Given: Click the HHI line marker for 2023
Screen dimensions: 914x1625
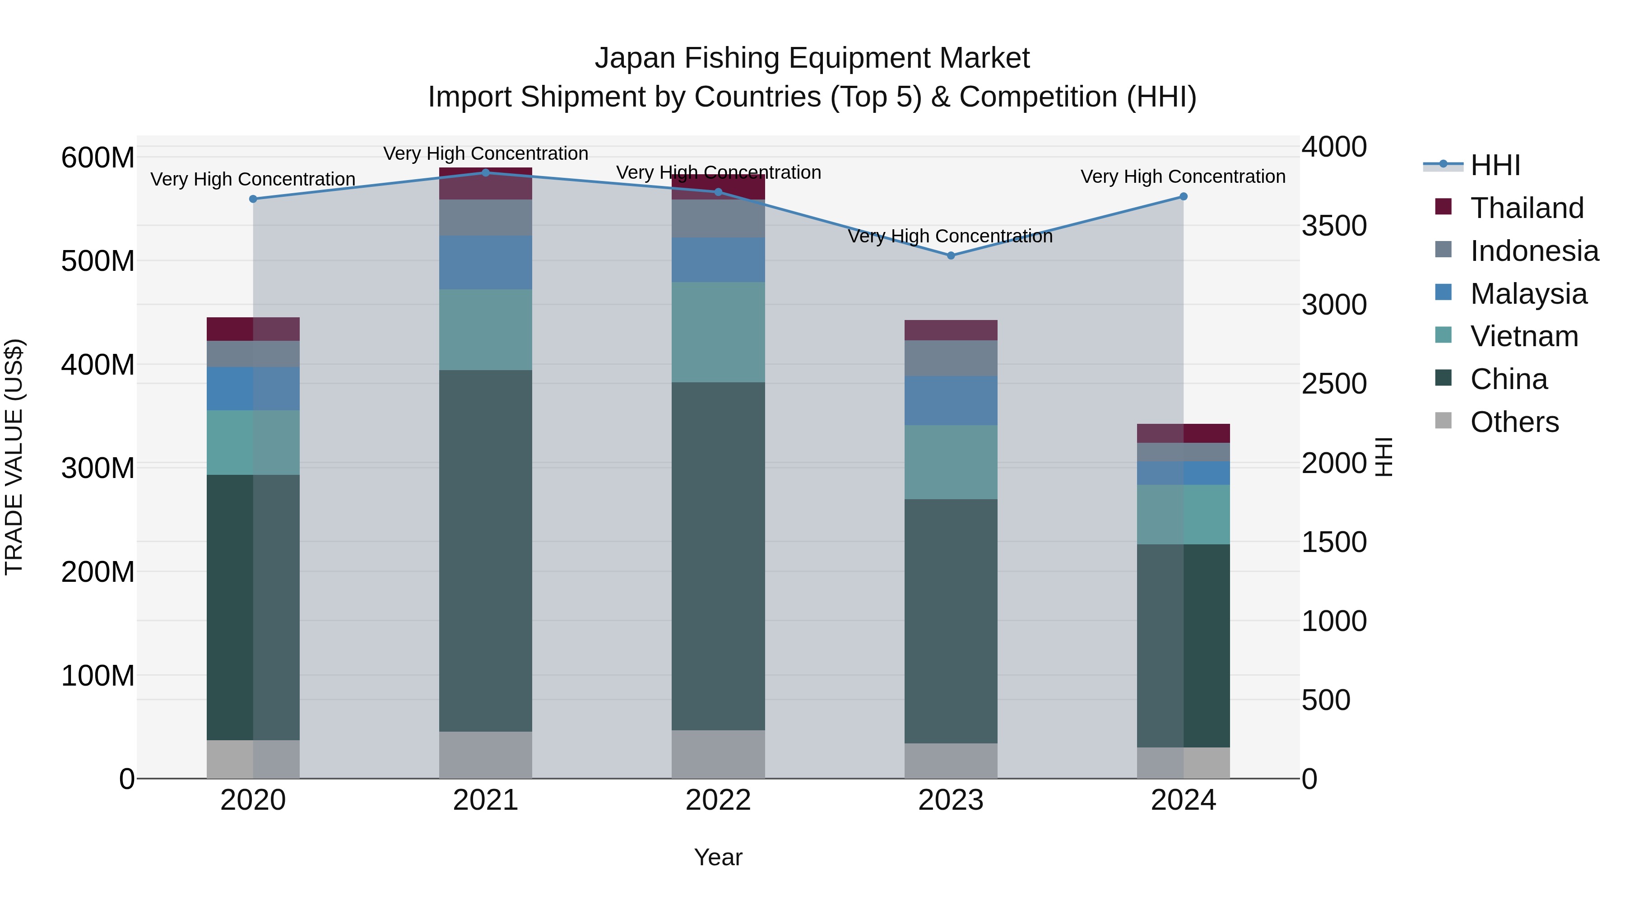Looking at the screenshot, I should (x=951, y=255).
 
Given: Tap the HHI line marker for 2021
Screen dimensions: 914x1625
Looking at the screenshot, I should (x=486, y=173).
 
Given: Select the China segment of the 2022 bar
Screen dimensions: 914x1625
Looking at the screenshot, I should (x=718, y=555).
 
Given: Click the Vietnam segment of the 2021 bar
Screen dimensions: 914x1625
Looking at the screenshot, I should (x=486, y=329).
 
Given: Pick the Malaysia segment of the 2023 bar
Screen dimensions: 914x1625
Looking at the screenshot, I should (x=951, y=400).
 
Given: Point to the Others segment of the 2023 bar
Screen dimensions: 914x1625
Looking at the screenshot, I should (x=951, y=760).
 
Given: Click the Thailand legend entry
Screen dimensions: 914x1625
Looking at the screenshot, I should (x=1527, y=208).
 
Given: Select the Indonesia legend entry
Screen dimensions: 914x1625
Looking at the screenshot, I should (x=1534, y=251).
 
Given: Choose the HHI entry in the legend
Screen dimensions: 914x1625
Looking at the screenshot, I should (x=1495, y=165).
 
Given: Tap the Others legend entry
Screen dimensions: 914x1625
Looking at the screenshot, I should (x=1514, y=422).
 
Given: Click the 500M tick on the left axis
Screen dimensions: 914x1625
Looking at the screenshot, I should (x=98, y=260).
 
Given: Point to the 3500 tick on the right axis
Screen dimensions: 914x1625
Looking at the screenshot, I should (x=1333, y=226).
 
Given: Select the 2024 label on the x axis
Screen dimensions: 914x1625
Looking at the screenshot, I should (x=1183, y=800).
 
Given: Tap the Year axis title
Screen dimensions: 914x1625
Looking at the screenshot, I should (x=718, y=857).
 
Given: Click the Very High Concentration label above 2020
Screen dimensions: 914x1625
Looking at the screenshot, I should (x=253, y=179).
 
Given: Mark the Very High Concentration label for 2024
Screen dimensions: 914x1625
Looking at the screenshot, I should (x=1183, y=176).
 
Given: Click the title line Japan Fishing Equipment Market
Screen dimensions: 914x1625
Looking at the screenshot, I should (x=812, y=58).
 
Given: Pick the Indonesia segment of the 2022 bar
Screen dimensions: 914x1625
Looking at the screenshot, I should (x=718, y=218).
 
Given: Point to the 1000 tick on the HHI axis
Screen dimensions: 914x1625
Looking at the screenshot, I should (x=1333, y=622).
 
